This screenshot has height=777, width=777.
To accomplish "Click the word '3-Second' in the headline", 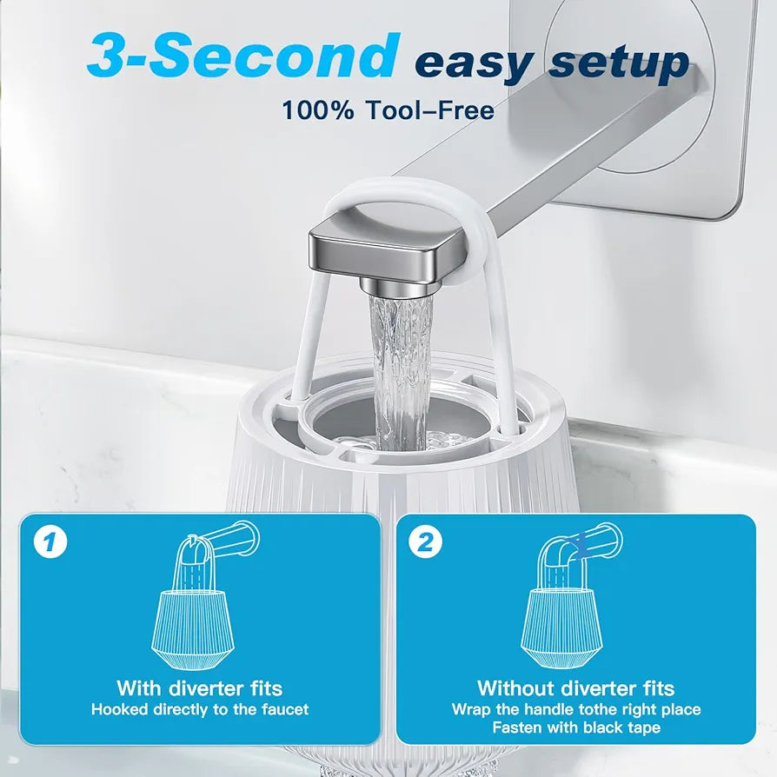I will (x=243, y=56).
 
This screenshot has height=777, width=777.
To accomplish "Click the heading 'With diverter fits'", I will (x=200, y=688).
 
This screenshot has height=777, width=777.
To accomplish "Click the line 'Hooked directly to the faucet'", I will (x=200, y=709).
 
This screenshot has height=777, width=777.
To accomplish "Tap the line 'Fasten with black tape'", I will (x=575, y=727).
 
